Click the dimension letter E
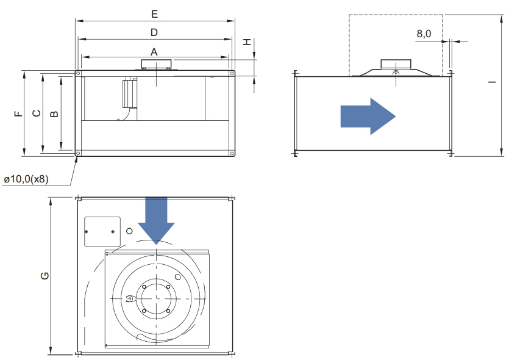[x=154, y=14]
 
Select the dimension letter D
[x=154, y=32]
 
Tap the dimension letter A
[x=154, y=52]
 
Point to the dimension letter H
[x=247, y=41]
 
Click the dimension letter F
[x=19, y=113]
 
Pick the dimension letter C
[x=37, y=113]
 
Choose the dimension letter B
[x=54, y=113]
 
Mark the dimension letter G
[x=44, y=276]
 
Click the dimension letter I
[x=493, y=82]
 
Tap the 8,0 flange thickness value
[x=424, y=34]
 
